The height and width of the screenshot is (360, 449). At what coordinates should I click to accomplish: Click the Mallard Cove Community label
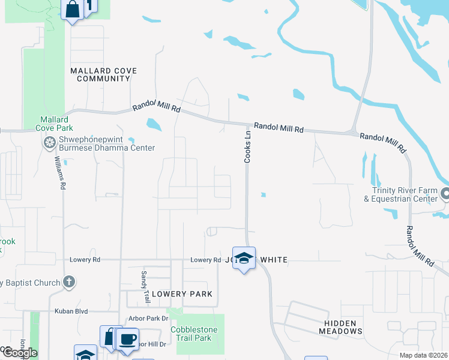103,74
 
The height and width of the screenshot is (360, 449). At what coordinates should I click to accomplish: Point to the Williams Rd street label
59,173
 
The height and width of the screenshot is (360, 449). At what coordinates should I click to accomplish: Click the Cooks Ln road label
247,148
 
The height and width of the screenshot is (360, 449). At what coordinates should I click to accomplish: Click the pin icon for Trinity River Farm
445,194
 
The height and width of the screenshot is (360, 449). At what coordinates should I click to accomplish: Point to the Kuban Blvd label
71,311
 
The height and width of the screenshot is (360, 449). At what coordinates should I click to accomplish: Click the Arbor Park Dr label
148,319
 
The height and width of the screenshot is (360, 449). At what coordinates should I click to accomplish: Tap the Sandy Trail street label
144,286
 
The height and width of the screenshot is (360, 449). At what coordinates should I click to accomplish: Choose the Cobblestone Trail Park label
190,334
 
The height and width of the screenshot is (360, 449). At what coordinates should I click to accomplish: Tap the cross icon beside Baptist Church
69,281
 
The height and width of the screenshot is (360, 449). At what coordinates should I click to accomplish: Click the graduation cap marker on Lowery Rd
244,258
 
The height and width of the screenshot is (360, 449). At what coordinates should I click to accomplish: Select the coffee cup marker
127,339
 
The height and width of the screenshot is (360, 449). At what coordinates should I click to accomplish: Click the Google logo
20,353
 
